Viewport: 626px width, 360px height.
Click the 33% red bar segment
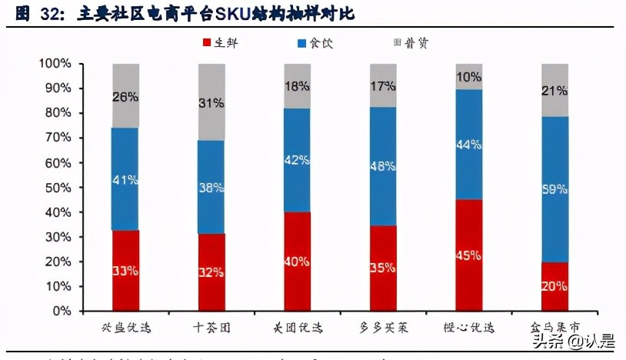[125, 269]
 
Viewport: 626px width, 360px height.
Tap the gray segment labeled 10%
[468, 77]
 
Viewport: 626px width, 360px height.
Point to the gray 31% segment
[211, 102]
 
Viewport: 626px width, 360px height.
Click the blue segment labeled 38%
[211, 186]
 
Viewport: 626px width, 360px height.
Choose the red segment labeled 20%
[554, 286]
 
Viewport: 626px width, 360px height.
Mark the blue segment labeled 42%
[297, 160]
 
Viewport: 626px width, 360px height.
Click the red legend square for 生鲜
[206, 43]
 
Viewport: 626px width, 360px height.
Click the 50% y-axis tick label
[56, 188]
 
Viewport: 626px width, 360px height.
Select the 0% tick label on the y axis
[59, 312]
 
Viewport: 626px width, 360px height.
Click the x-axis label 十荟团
[211, 328]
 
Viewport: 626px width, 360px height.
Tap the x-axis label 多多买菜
[382, 328]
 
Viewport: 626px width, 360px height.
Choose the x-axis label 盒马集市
[554, 328]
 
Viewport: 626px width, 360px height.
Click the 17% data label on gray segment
[382, 87]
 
